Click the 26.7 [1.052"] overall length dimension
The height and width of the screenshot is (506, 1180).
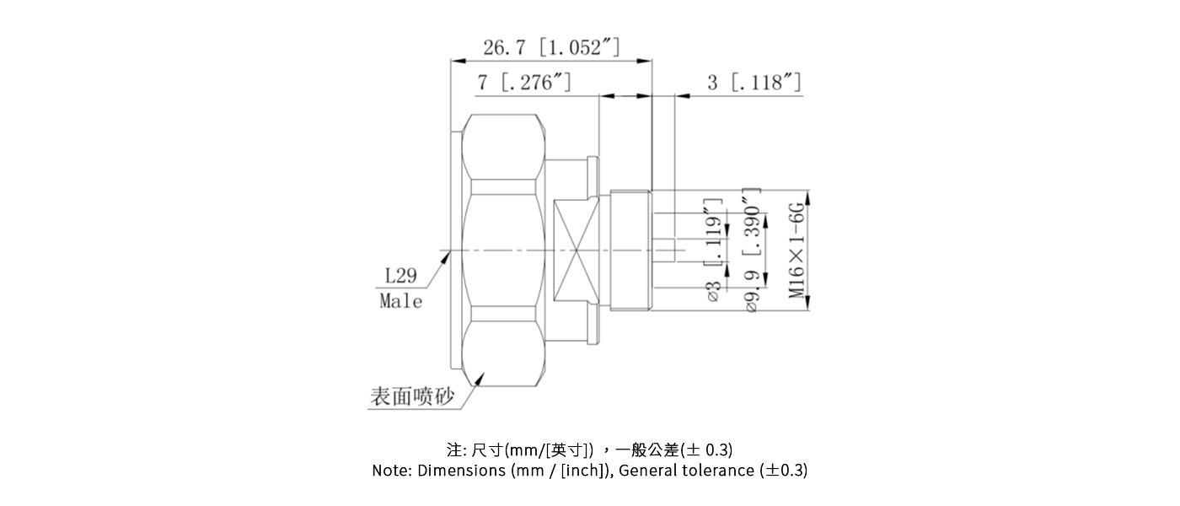click(551, 47)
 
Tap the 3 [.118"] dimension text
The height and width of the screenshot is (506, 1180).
click(754, 83)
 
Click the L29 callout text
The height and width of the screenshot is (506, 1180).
click(401, 276)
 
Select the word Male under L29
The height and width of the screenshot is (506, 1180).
click(401, 301)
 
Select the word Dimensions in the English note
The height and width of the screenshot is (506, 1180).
click(462, 471)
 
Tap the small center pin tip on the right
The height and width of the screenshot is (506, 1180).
click(665, 250)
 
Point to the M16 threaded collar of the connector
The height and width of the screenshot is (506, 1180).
click(630, 250)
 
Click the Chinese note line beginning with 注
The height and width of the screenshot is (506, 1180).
click(589, 449)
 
